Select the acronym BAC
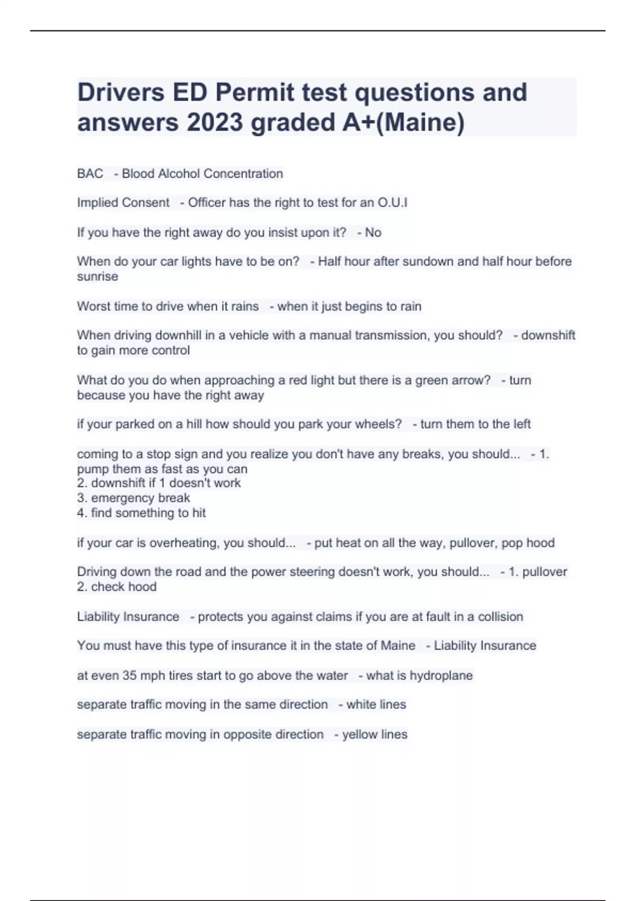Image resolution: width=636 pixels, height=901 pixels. [90, 174]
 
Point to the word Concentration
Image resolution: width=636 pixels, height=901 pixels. [244, 174]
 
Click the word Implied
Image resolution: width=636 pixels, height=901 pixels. [97, 202]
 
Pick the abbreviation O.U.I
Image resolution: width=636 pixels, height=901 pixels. [392, 202]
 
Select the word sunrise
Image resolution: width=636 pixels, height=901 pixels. [98, 277]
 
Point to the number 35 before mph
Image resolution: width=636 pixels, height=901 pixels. [129, 676]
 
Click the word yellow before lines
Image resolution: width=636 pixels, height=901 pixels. [358, 735]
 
